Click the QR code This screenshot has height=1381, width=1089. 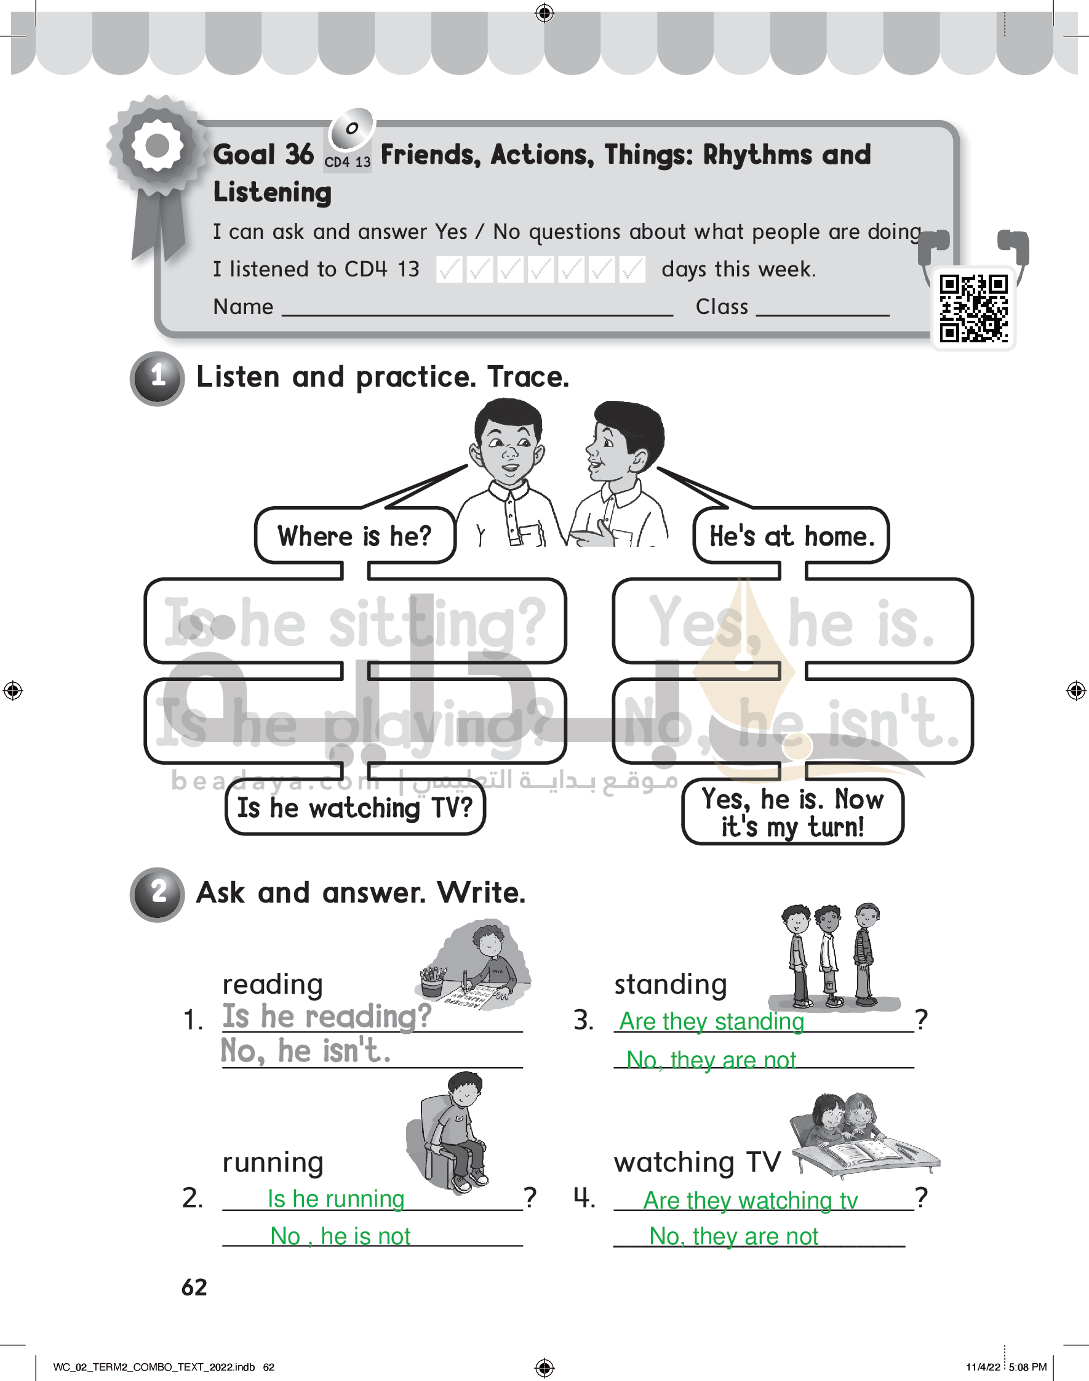pyautogui.click(x=973, y=308)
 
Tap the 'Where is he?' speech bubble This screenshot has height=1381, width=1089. pyautogui.click(x=354, y=536)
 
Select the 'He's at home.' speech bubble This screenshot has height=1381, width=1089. pyautogui.click(x=791, y=536)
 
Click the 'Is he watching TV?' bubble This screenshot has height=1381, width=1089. pyautogui.click(x=355, y=808)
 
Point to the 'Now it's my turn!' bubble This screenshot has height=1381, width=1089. pyautogui.click(x=792, y=813)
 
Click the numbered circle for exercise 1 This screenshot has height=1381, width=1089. pyautogui.click(x=158, y=378)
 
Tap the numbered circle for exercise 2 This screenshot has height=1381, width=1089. pyautogui.click(x=158, y=893)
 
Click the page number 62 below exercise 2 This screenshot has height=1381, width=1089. pyautogui.click(x=194, y=1287)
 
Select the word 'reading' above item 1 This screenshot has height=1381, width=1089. pyautogui.click(x=272, y=985)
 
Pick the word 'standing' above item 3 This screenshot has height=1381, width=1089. pyautogui.click(x=670, y=985)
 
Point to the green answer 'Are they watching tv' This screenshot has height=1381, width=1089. pyautogui.click(x=751, y=1201)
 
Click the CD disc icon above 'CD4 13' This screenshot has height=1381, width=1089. pyautogui.click(x=351, y=128)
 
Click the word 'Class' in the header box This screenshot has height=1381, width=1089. pyautogui.click(x=721, y=307)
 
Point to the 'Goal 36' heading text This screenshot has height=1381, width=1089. pyautogui.click(x=263, y=155)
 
